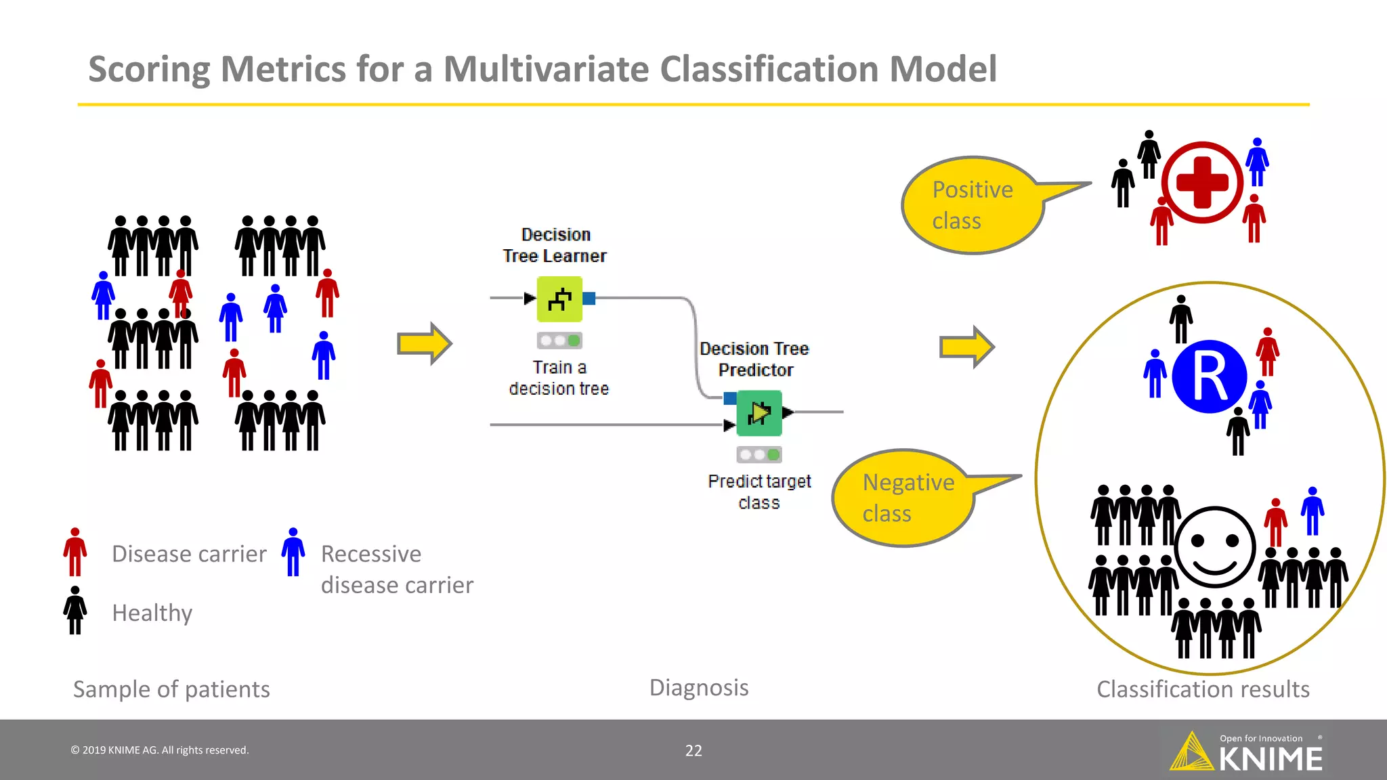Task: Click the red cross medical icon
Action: (1202, 182)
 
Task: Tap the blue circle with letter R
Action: (1209, 377)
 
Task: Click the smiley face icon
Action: (1215, 547)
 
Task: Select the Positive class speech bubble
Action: (973, 205)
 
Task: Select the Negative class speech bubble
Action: (903, 498)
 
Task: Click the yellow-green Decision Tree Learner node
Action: (559, 299)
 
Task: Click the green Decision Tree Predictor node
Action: (759, 412)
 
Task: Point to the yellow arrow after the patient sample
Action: (424, 344)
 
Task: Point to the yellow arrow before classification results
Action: (966, 347)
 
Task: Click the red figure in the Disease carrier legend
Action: (75, 552)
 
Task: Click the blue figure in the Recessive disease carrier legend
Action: (293, 552)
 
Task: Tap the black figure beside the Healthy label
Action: (75, 610)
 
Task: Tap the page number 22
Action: (693, 750)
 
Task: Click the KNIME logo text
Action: (1270, 760)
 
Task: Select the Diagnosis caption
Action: (699, 687)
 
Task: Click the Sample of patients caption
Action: (171, 689)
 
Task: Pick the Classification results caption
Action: (1203, 689)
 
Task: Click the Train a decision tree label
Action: (559, 378)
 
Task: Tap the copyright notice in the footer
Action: (160, 750)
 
